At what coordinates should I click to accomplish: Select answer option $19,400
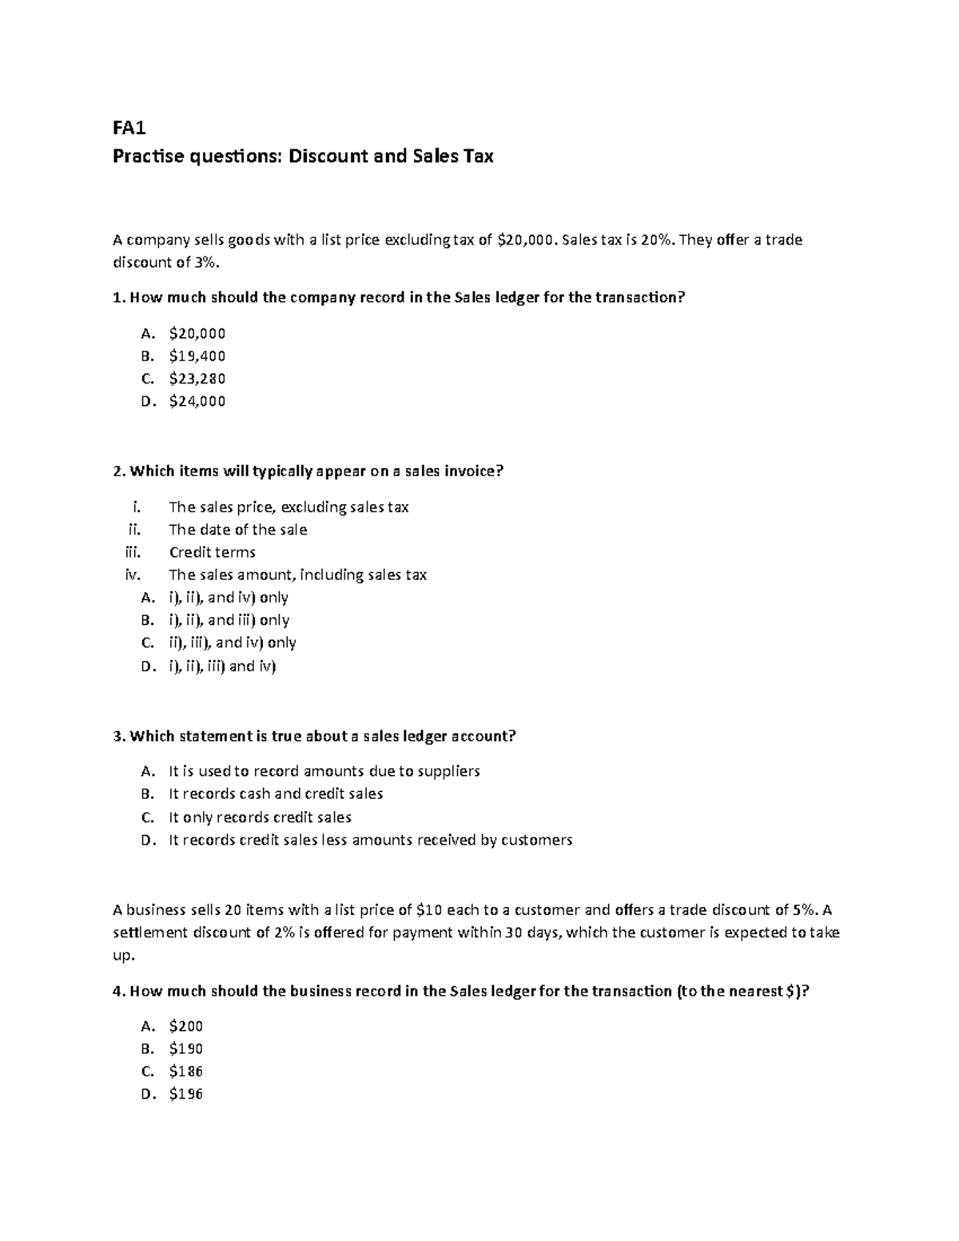click(197, 356)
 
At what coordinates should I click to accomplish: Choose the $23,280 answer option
click(197, 378)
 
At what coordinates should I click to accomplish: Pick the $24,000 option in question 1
click(197, 401)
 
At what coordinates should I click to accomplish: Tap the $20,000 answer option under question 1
click(197, 333)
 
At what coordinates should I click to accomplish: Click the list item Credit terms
click(212, 552)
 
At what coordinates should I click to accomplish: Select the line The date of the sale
click(237, 530)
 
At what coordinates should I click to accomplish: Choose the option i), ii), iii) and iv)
click(221, 666)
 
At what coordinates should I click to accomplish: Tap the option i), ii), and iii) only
click(229, 620)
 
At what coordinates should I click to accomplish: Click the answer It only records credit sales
click(260, 817)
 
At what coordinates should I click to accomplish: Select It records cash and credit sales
click(276, 794)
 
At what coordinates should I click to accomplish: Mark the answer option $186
click(185, 1072)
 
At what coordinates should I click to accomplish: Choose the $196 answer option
click(185, 1094)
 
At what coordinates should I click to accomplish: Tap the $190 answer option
click(185, 1048)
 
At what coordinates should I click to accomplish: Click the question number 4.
click(118, 991)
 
